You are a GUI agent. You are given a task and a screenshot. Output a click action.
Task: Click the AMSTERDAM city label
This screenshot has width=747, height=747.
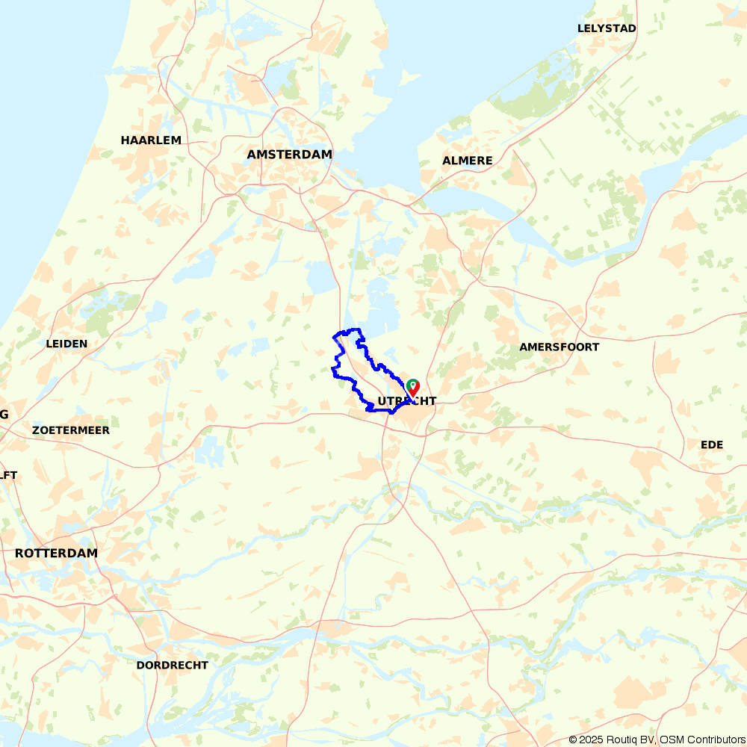pyautogui.click(x=289, y=154)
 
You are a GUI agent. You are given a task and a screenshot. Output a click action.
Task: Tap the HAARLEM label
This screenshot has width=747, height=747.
pyautogui.click(x=151, y=140)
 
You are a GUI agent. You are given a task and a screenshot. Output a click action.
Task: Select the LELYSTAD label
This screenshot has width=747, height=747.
pyautogui.click(x=607, y=28)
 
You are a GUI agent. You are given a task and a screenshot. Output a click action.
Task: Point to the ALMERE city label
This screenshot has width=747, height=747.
pyautogui.click(x=468, y=161)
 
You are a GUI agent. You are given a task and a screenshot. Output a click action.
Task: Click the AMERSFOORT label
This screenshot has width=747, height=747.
pyautogui.click(x=560, y=347)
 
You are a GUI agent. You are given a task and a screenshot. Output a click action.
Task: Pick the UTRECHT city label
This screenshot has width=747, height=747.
pyautogui.click(x=407, y=401)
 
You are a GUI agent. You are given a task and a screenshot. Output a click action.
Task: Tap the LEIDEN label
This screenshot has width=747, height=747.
pyautogui.click(x=66, y=344)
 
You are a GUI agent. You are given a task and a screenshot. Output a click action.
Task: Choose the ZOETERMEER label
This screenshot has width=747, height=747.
pyautogui.click(x=71, y=430)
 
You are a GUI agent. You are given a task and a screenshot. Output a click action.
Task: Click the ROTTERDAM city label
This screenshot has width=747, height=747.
pyautogui.click(x=56, y=553)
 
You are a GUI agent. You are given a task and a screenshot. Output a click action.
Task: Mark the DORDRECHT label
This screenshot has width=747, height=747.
pyautogui.click(x=173, y=665)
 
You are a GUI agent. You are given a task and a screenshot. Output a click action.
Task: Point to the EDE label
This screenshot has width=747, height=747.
pyautogui.click(x=712, y=444)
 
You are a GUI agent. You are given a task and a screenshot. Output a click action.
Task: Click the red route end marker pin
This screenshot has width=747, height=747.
pyautogui.click(x=412, y=388)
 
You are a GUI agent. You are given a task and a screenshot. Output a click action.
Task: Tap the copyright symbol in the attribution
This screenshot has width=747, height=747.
pyautogui.click(x=573, y=740)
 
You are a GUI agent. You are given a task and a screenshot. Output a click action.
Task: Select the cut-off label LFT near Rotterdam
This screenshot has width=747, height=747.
pyautogui.click(x=8, y=475)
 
